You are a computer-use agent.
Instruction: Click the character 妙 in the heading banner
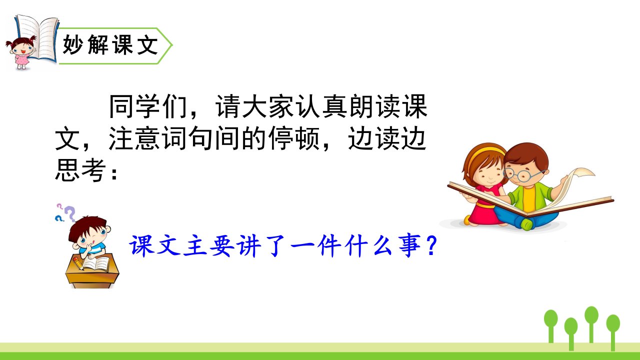click(x=72, y=44)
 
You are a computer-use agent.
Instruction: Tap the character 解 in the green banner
click(x=97, y=44)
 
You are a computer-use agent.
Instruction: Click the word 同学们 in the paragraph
click(x=147, y=106)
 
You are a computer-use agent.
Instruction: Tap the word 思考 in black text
click(x=80, y=170)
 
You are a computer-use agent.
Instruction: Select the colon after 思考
click(x=114, y=173)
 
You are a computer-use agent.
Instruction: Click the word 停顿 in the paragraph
click(x=294, y=138)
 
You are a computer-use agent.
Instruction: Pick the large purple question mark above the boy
click(x=70, y=213)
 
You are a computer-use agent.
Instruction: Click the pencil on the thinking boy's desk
click(x=78, y=263)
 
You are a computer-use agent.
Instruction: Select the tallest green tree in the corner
click(x=591, y=323)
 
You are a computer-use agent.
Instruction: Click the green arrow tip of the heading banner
click(x=171, y=45)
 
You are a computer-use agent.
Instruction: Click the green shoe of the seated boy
click(x=526, y=224)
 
